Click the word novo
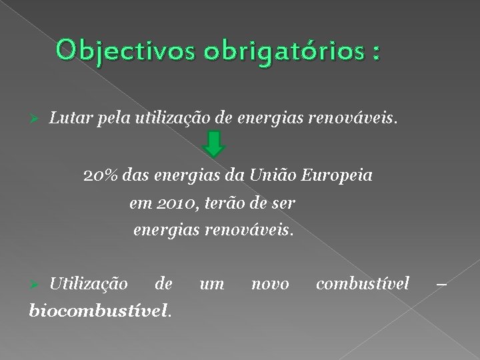270,284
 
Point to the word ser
283,203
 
